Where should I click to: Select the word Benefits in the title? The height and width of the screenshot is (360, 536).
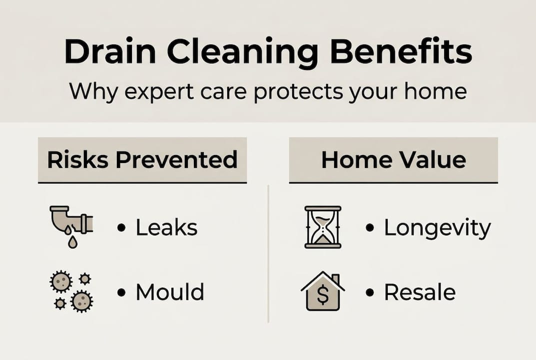401,51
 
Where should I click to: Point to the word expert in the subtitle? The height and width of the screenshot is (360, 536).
159,91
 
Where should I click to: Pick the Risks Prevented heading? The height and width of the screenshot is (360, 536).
142,160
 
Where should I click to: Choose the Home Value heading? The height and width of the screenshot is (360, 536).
394,160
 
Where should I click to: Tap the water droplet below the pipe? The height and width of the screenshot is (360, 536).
72,242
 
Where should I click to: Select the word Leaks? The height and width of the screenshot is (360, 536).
167,227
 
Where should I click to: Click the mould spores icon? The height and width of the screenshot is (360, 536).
71,291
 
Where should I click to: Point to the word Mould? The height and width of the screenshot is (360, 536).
170,292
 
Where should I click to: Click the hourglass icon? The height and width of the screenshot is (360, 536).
323,227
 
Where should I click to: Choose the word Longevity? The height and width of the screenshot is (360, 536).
438,228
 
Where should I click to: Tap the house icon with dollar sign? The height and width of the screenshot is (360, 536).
323,291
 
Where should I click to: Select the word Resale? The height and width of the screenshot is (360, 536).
420,292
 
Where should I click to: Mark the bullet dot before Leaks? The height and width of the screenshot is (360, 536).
121,227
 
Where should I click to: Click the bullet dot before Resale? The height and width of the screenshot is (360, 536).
370,292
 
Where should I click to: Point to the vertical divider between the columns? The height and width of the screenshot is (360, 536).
268,253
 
